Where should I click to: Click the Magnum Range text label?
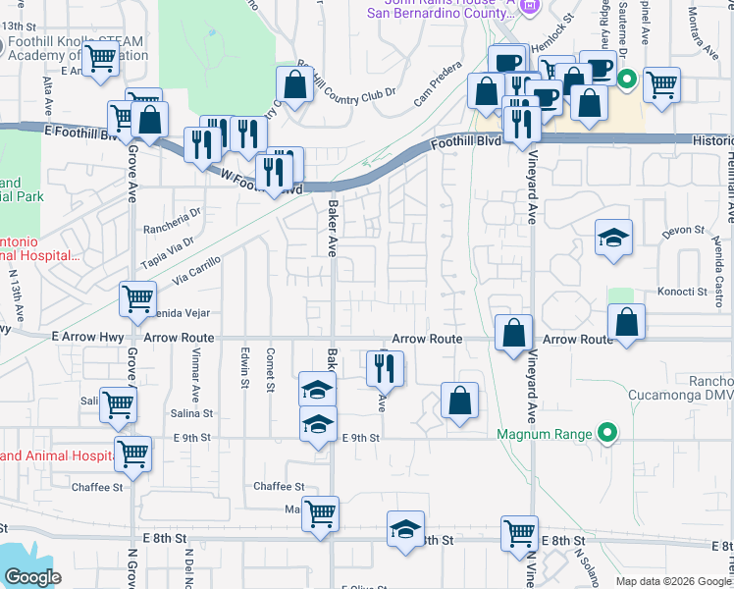[x=544, y=434]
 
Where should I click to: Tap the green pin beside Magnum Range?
[x=607, y=433]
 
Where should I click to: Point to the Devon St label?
[x=684, y=232]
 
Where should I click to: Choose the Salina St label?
[x=191, y=413]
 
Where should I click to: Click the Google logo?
[x=32, y=577]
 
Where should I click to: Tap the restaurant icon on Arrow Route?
[x=385, y=368]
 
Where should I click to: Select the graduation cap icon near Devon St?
[x=614, y=238]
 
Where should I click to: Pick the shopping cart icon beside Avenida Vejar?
[x=137, y=298]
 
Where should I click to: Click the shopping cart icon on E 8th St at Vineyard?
[x=519, y=533]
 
